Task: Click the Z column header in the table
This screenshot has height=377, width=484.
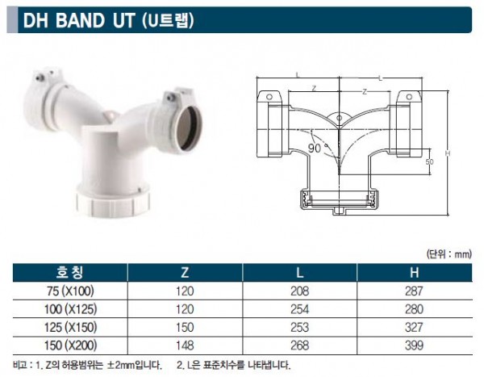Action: point(185,272)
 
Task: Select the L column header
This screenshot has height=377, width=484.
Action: point(300,272)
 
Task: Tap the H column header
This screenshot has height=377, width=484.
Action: point(415,272)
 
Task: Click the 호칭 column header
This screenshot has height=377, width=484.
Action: point(69,272)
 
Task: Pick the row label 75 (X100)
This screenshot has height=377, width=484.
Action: point(70,291)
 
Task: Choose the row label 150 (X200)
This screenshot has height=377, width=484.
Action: point(70,346)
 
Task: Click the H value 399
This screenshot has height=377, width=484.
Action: point(415,346)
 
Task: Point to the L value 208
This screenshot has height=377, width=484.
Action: point(299,291)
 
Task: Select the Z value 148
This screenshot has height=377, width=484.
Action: point(185,346)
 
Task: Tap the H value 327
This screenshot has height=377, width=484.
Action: point(415,327)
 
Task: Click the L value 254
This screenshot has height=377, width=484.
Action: point(299,309)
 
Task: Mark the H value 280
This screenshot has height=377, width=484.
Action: point(415,309)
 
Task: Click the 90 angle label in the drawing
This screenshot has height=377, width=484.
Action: point(315,149)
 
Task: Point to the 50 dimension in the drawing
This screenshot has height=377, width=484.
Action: point(429,161)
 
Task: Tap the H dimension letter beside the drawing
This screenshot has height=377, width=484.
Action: point(448,153)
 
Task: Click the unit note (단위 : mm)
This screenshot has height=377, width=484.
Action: point(449,254)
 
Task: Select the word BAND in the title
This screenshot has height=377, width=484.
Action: point(80,21)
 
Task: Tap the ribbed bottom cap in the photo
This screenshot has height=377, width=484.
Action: point(113,202)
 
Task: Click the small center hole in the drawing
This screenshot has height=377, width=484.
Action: point(339,118)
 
